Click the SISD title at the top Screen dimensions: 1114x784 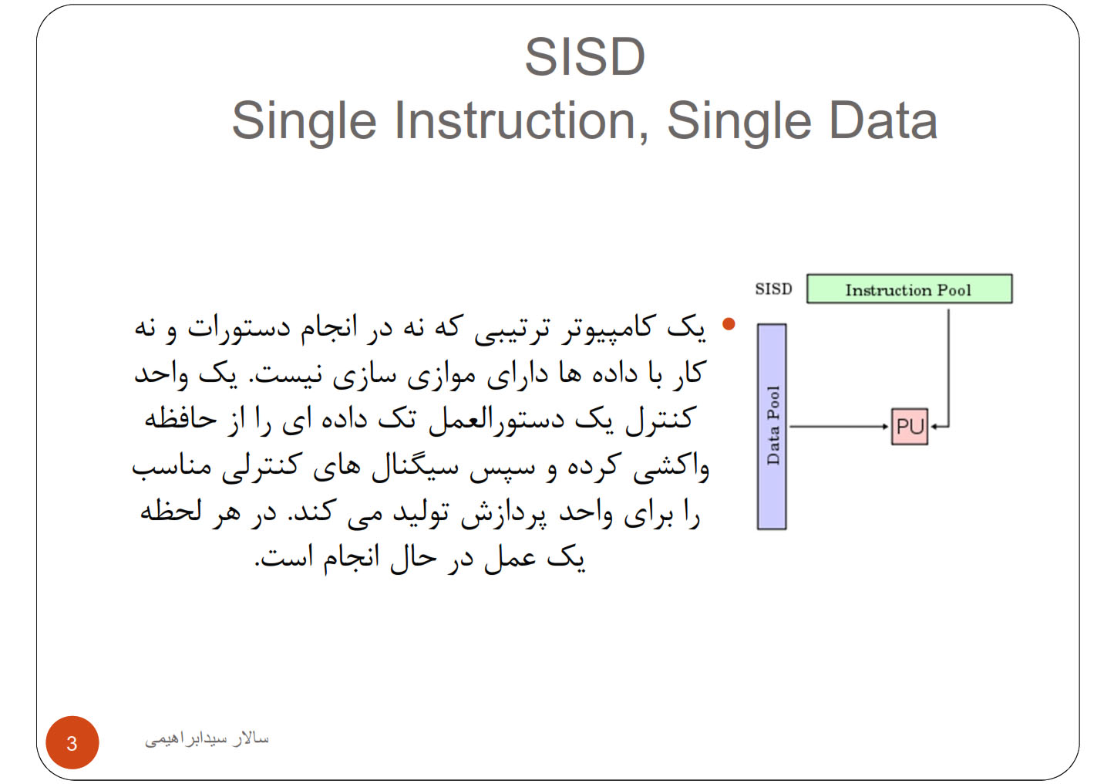[x=585, y=57]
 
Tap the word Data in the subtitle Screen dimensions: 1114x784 [x=883, y=121]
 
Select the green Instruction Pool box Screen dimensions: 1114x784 [x=909, y=289]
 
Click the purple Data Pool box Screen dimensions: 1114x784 [x=772, y=427]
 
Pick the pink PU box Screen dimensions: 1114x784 [x=910, y=427]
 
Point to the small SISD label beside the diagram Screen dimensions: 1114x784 [x=773, y=289]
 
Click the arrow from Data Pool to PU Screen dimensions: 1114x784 [x=839, y=427]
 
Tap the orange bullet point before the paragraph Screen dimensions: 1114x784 [x=729, y=324]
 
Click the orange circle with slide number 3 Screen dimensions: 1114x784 [x=72, y=742]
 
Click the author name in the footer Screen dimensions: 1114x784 [x=207, y=738]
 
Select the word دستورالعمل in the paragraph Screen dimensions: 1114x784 [x=496, y=421]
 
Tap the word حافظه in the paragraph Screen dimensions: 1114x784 [x=180, y=419]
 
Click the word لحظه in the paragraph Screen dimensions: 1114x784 [x=170, y=511]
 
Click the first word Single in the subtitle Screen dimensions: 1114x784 [x=305, y=122]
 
